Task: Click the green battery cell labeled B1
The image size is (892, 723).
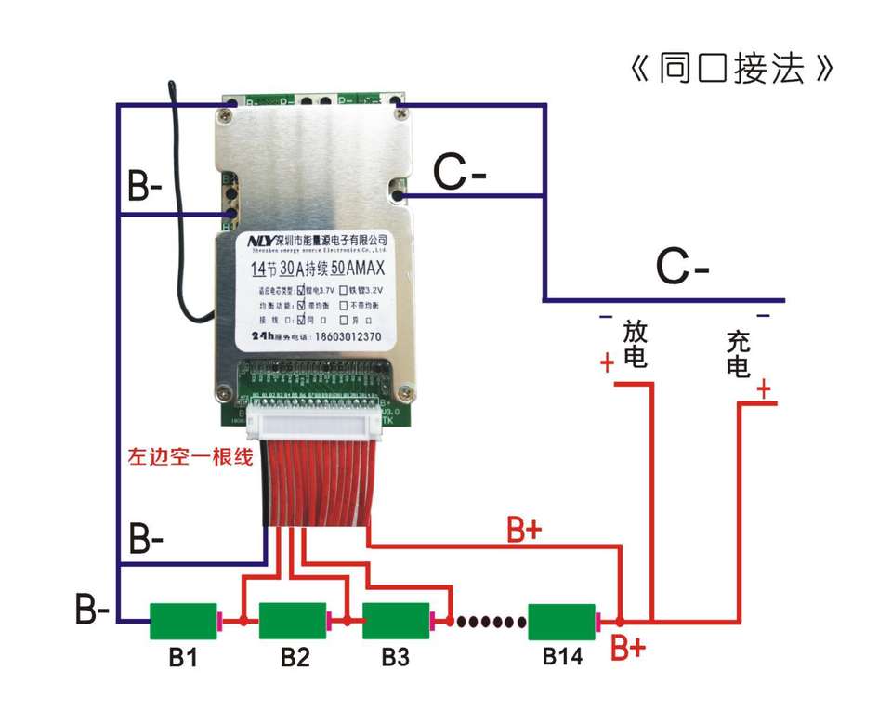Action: coord(183,620)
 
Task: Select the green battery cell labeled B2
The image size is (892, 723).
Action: coord(292,620)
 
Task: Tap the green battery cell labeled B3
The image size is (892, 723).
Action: coord(395,620)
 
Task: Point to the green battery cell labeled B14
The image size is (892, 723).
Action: coord(561,620)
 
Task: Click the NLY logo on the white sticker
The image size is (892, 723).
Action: coord(261,241)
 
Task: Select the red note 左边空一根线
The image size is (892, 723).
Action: coord(190,457)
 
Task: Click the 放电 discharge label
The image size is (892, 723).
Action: coord(636,344)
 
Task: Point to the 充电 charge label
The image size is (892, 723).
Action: coord(739,354)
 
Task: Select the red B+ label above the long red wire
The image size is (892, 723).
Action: coord(524,530)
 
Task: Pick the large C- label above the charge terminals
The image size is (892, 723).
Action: coord(683,269)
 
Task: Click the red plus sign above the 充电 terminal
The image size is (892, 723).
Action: coord(765,389)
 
